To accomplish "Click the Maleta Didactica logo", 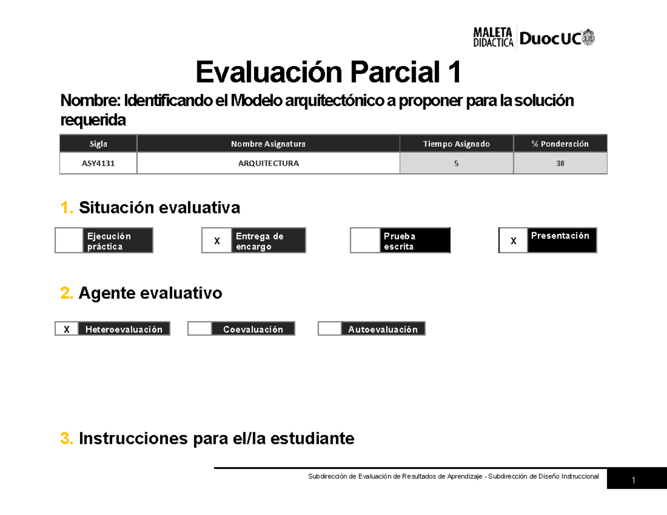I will coord(492,37).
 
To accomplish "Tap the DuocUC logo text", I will coord(550,38).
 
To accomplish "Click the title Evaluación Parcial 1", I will coord(328,73).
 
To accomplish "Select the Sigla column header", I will coord(98,144).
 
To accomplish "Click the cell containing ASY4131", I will coord(98,163).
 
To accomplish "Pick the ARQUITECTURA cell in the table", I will coord(268,163).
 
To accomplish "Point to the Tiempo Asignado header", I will coord(456,144).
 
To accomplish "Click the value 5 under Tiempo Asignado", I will coord(456,163).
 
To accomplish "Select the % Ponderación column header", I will coord(560,144).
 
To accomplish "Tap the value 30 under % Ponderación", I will coord(560,163).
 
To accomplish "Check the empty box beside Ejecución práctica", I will coord(69,241).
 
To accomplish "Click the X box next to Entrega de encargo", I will coord(217,241).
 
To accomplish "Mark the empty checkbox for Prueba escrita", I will coord(365,241).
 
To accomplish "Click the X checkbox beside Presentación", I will coord(513,241).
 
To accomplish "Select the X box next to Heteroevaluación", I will coord(67,329).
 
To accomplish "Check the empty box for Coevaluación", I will coord(200,329).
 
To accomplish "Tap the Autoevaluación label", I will coord(383,329).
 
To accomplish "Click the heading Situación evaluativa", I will coord(160,208).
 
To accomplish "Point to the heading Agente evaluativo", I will coord(150,293).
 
